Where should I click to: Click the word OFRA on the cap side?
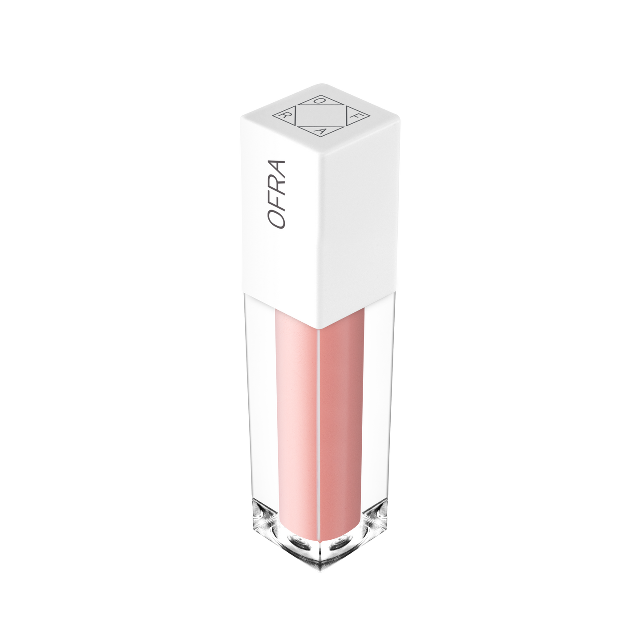[276, 194]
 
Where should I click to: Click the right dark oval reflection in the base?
[340, 542]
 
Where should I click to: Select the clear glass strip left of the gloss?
[260, 400]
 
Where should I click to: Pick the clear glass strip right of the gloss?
[378, 400]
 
